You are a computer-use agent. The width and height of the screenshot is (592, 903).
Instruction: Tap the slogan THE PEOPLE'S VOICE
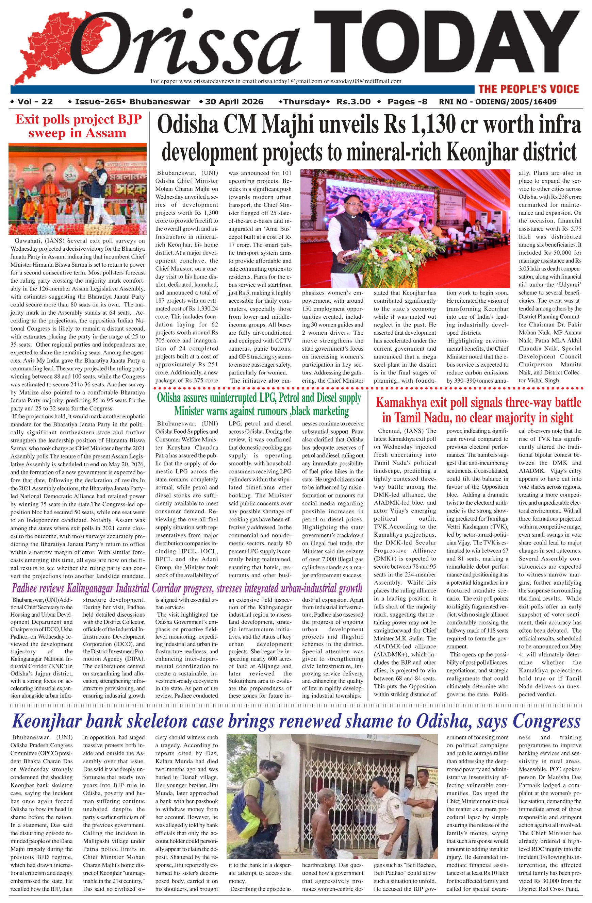pyautogui.click(x=529, y=89)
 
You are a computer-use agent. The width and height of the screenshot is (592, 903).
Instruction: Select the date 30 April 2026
pyautogui.click(x=234, y=102)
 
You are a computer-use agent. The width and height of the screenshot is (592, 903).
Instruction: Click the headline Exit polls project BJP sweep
pyautogui.click(x=78, y=126)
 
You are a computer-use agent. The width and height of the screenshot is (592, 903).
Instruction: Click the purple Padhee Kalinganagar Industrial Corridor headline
pyautogui.click(x=187, y=588)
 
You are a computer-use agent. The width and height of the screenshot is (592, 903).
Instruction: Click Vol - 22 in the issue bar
pyautogui.click(x=35, y=102)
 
